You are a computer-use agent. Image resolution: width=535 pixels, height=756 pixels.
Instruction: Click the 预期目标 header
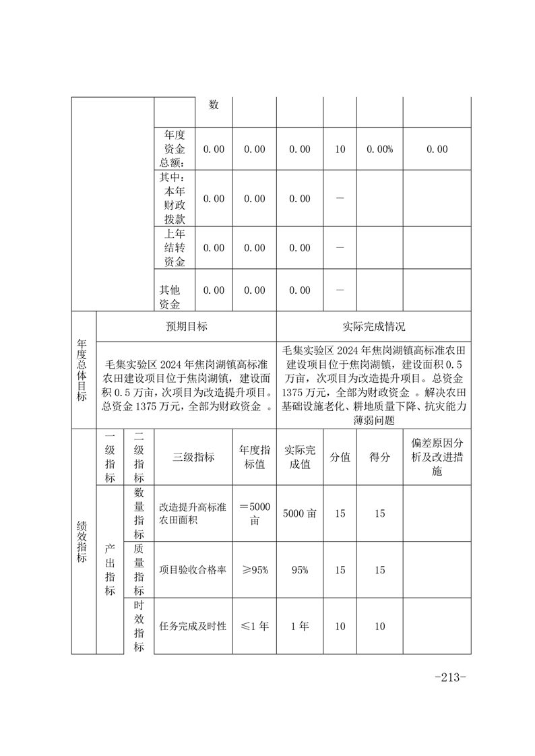coord(187,327)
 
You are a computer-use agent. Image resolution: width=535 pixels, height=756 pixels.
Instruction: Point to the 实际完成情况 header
coord(373,327)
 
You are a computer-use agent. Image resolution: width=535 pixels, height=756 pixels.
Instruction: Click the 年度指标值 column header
coord(255,457)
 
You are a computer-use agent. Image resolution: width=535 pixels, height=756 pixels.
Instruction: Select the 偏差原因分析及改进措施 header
coord(436,457)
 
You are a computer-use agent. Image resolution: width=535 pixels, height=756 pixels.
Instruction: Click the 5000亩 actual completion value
coord(300,513)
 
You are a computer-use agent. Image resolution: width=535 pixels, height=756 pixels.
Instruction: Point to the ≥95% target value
coord(255,570)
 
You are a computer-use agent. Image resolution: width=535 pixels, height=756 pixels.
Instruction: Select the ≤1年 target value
coord(255,627)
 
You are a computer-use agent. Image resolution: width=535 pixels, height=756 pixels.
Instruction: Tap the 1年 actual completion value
coord(300,627)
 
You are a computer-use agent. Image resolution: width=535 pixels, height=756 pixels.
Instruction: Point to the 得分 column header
coord(379,457)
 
